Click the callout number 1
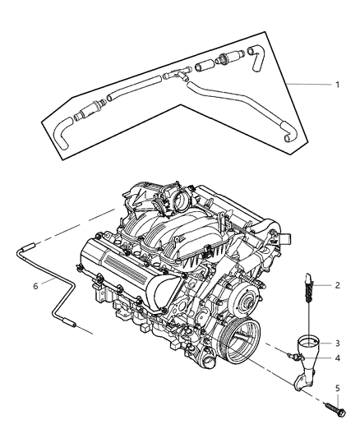click(x=337, y=85)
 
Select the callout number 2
click(x=335, y=285)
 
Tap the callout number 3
click(x=335, y=343)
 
